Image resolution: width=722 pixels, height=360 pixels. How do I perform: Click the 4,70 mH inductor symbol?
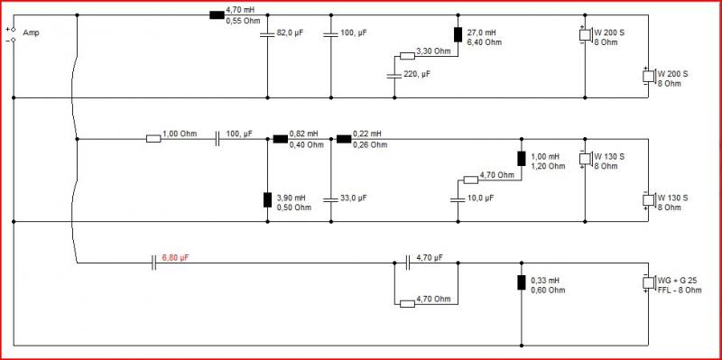click(217, 14)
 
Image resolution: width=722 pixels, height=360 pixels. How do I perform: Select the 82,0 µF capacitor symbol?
click(267, 34)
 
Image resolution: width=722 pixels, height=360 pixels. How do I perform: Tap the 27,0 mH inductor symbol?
click(458, 34)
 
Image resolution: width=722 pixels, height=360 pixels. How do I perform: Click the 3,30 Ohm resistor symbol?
click(407, 56)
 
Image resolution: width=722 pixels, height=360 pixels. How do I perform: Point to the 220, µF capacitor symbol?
click(394, 76)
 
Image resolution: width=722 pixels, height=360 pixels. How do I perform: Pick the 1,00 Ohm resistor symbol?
click(153, 139)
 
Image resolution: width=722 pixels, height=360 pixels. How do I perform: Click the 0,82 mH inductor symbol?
click(281, 139)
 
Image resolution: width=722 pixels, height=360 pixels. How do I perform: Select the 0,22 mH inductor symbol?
click(344, 139)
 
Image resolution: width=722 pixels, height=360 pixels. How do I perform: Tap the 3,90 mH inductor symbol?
click(267, 199)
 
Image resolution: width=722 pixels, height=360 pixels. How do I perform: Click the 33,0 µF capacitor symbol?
click(331, 199)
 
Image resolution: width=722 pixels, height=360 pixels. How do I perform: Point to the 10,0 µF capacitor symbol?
click(458, 199)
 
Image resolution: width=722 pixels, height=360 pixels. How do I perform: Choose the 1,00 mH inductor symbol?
click(522, 159)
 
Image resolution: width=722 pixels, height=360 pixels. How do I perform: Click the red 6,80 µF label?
click(176, 258)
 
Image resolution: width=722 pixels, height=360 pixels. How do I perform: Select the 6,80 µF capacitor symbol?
click(153, 263)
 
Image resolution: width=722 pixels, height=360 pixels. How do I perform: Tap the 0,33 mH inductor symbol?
click(522, 282)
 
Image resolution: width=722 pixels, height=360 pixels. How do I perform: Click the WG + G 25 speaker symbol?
click(649, 282)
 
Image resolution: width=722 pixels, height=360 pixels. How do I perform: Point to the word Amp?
click(31, 32)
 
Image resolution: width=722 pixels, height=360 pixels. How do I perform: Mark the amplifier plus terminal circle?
click(14, 29)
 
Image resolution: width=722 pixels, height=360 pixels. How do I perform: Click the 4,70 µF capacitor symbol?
click(408, 263)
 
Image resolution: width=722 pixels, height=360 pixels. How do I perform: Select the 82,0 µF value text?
click(290, 33)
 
